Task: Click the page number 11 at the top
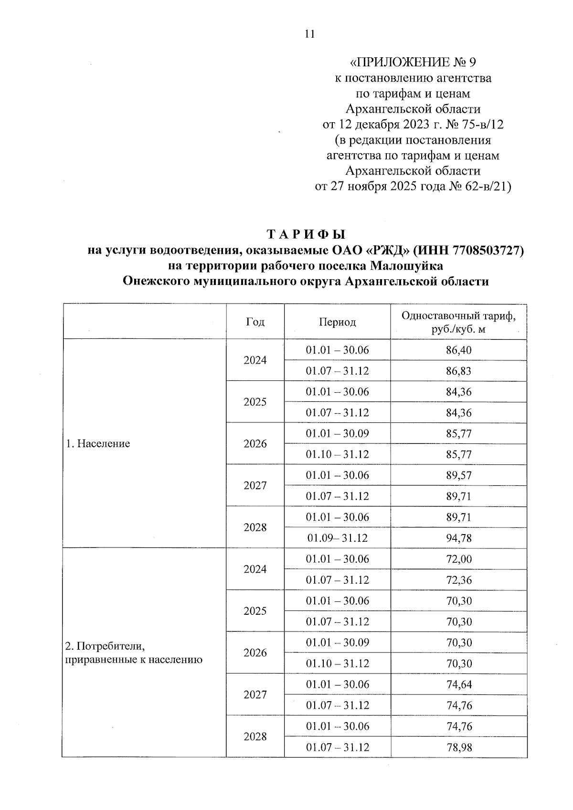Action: click(x=309, y=34)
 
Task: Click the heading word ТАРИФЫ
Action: click(x=306, y=235)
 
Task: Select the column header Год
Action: click(x=255, y=322)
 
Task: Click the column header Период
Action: click(x=337, y=322)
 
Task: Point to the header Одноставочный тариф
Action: click(x=458, y=316)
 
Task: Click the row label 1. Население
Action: click(x=98, y=444)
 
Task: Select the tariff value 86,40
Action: click(x=458, y=350)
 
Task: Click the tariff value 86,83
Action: click(x=458, y=371)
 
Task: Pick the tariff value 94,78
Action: click(x=458, y=538)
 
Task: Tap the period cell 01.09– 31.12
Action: click(x=337, y=538)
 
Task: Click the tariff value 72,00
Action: click(x=458, y=559)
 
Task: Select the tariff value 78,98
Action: click(x=458, y=747)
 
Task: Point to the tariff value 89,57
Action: click(x=458, y=475)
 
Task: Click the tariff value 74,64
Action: click(x=458, y=685)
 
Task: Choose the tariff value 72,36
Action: click(x=458, y=580)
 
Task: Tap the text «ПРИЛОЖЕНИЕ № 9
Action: click(x=413, y=63)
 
